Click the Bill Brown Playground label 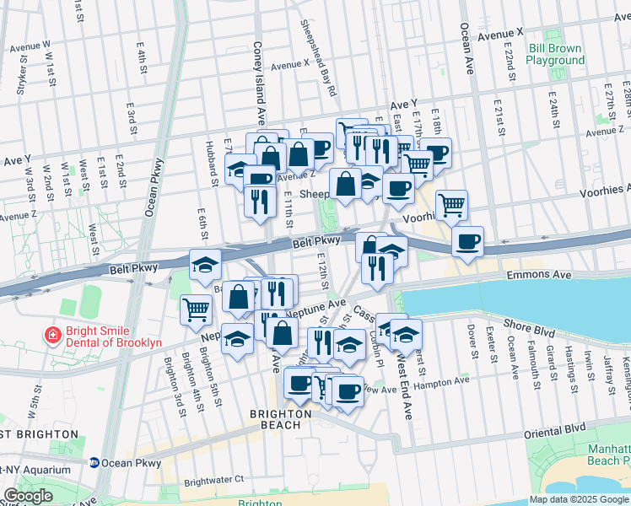pyautogui.click(x=556, y=55)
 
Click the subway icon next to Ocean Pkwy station pyautogui.click(x=95, y=463)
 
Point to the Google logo pyautogui.click(x=28, y=496)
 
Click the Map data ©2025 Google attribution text pyautogui.click(x=579, y=499)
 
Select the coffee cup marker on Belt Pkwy pyautogui.click(x=467, y=241)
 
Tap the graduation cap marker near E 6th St pyautogui.click(x=205, y=264)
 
